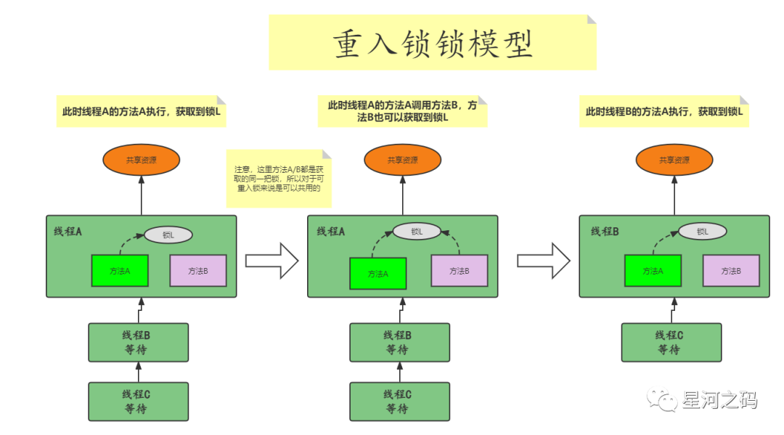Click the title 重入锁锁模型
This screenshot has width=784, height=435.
(x=433, y=44)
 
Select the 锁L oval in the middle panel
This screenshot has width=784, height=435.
(x=417, y=231)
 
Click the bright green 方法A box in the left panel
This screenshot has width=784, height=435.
(x=120, y=271)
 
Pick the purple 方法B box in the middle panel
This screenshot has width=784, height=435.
(x=460, y=271)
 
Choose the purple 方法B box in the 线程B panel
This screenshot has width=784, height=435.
(x=731, y=270)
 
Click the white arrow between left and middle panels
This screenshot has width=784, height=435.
(x=271, y=260)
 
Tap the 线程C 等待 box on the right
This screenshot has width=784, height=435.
(x=671, y=342)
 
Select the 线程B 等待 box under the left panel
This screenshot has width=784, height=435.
(x=139, y=342)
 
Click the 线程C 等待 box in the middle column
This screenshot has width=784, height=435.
(x=399, y=402)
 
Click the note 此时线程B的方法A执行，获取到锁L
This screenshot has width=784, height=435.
(x=664, y=112)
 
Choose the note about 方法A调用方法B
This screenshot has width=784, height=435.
(x=402, y=111)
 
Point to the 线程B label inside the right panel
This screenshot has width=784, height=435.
(x=604, y=231)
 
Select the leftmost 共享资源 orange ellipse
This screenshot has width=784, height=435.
(x=141, y=160)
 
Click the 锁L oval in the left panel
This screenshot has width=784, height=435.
(x=168, y=235)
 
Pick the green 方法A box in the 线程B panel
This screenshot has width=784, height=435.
(x=653, y=270)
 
